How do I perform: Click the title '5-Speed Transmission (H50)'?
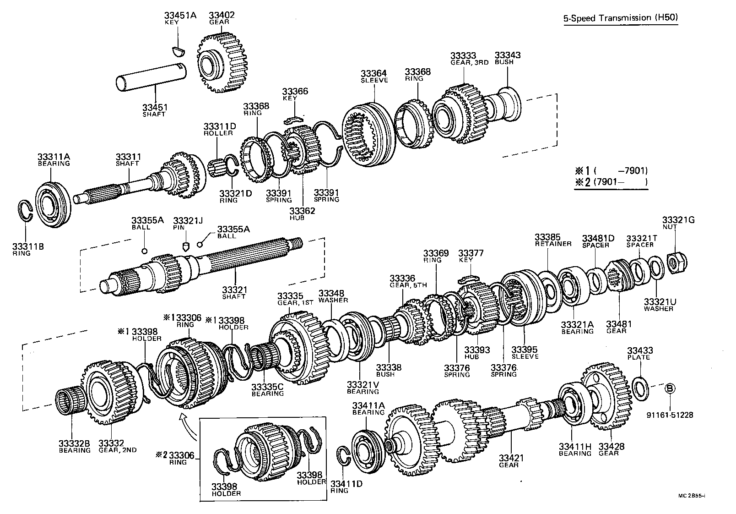(620, 18)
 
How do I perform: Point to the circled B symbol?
(669, 388)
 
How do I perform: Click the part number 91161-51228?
(670, 415)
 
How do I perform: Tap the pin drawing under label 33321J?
(186, 246)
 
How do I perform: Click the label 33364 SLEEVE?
(373, 76)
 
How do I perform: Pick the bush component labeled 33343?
(508, 102)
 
